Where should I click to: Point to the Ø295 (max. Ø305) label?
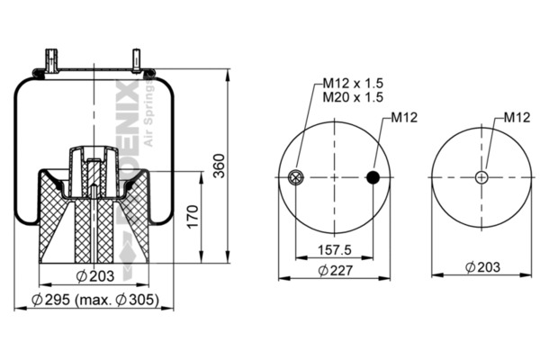[x=94, y=300]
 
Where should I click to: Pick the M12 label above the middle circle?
[x=403, y=118]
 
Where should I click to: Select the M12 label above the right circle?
[x=516, y=117]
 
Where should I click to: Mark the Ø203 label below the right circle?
[x=482, y=267]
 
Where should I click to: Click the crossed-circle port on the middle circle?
[x=296, y=177]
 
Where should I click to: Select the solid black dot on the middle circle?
[x=373, y=177]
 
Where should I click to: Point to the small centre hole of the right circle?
[x=481, y=177]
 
